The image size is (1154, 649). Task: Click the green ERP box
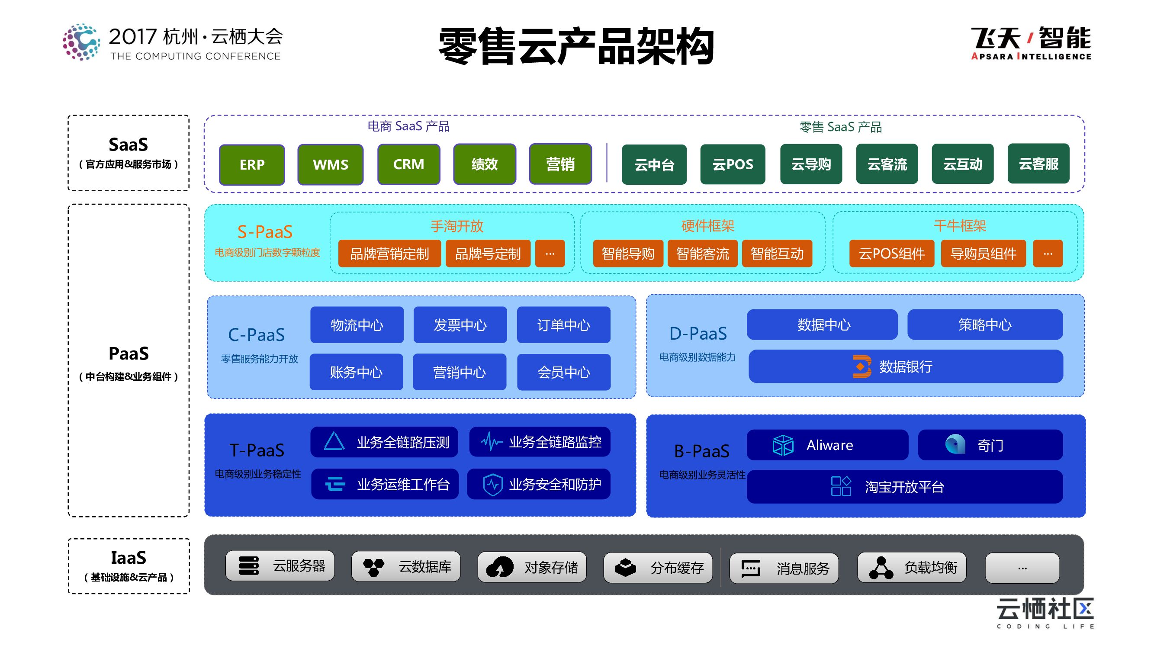point(252,164)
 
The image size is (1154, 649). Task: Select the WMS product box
point(330,164)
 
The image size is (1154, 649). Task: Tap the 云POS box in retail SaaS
point(733,164)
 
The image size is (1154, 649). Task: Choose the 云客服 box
point(1038,164)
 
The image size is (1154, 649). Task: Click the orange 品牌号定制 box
point(488,254)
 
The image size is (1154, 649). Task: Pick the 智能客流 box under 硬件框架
point(702,254)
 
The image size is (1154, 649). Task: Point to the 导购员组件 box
point(984,254)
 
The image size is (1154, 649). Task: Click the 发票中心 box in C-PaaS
point(460,325)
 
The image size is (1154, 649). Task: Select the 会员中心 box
point(563,372)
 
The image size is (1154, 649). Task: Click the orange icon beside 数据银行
point(861,366)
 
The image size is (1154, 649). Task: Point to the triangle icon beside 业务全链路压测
point(334,441)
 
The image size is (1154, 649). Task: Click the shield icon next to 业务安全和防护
point(492,484)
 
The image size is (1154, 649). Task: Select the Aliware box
point(827,445)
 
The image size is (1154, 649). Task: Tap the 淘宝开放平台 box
point(904,486)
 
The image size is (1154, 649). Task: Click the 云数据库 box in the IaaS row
point(406,567)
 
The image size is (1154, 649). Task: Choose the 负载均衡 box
point(912,568)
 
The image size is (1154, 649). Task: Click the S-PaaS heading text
point(265,231)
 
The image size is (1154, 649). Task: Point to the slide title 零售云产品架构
point(576,46)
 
